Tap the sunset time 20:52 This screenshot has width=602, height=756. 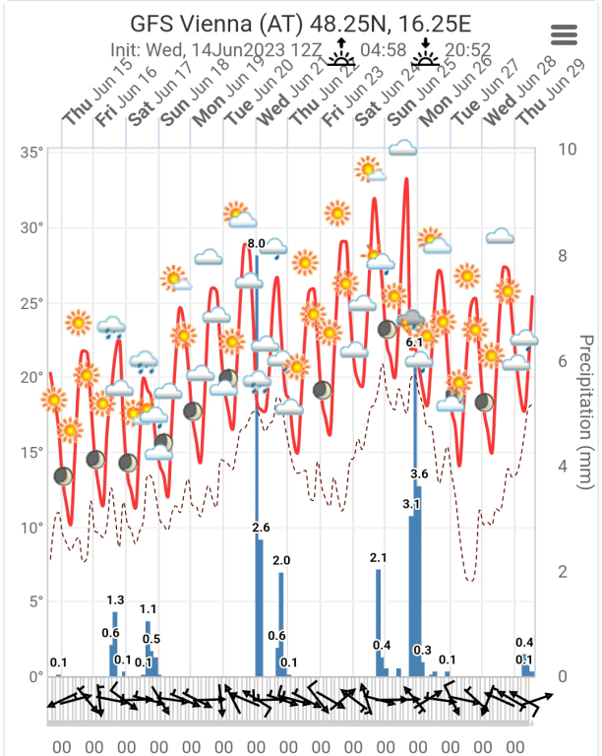pos(469,47)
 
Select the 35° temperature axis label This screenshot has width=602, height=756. pos(32,153)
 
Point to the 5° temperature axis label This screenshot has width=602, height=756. pos(36,602)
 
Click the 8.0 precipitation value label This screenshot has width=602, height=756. pos(257,243)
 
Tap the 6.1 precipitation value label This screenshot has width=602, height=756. pos(414,342)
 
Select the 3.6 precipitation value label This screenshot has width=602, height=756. pos(419,474)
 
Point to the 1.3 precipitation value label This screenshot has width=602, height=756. pos(114,599)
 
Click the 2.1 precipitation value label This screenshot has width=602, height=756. pos(379,558)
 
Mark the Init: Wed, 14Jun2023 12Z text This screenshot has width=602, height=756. pos(197,48)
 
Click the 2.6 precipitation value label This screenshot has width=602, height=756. pos(261,528)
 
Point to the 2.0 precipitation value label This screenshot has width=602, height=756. pos(281,560)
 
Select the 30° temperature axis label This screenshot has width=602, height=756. pos(32,227)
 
